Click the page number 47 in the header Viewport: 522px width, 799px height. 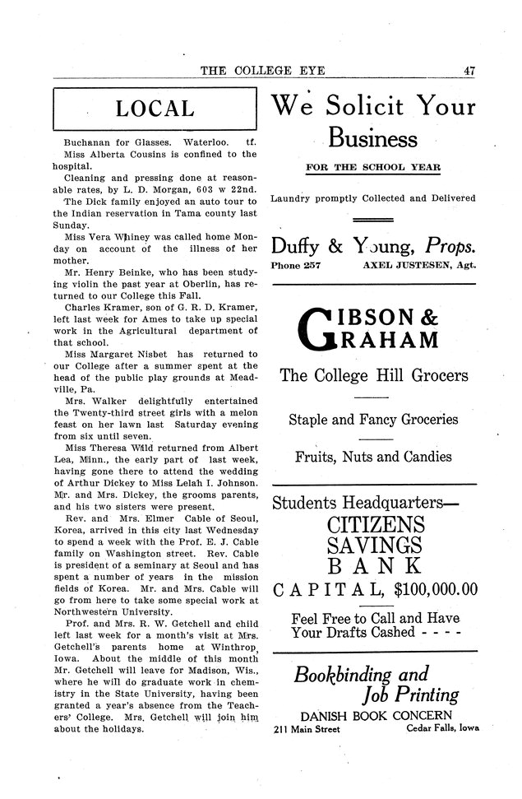(x=470, y=72)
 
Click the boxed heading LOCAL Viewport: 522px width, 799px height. (x=155, y=109)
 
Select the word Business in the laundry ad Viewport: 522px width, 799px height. (x=373, y=137)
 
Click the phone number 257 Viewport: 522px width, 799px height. (x=312, y=265)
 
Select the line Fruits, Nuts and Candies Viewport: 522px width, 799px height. (x=373, y=457)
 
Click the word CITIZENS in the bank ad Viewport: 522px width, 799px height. (x=376, y=523)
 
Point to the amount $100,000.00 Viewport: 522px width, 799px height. (x=436, y=588)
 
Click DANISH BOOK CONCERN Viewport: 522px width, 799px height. (x=376, y=713)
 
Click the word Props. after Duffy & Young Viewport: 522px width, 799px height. (x=450, y=244)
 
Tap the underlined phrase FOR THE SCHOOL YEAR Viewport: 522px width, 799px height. (x=373, y=168)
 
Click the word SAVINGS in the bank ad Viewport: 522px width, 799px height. (x=376, y=546)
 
